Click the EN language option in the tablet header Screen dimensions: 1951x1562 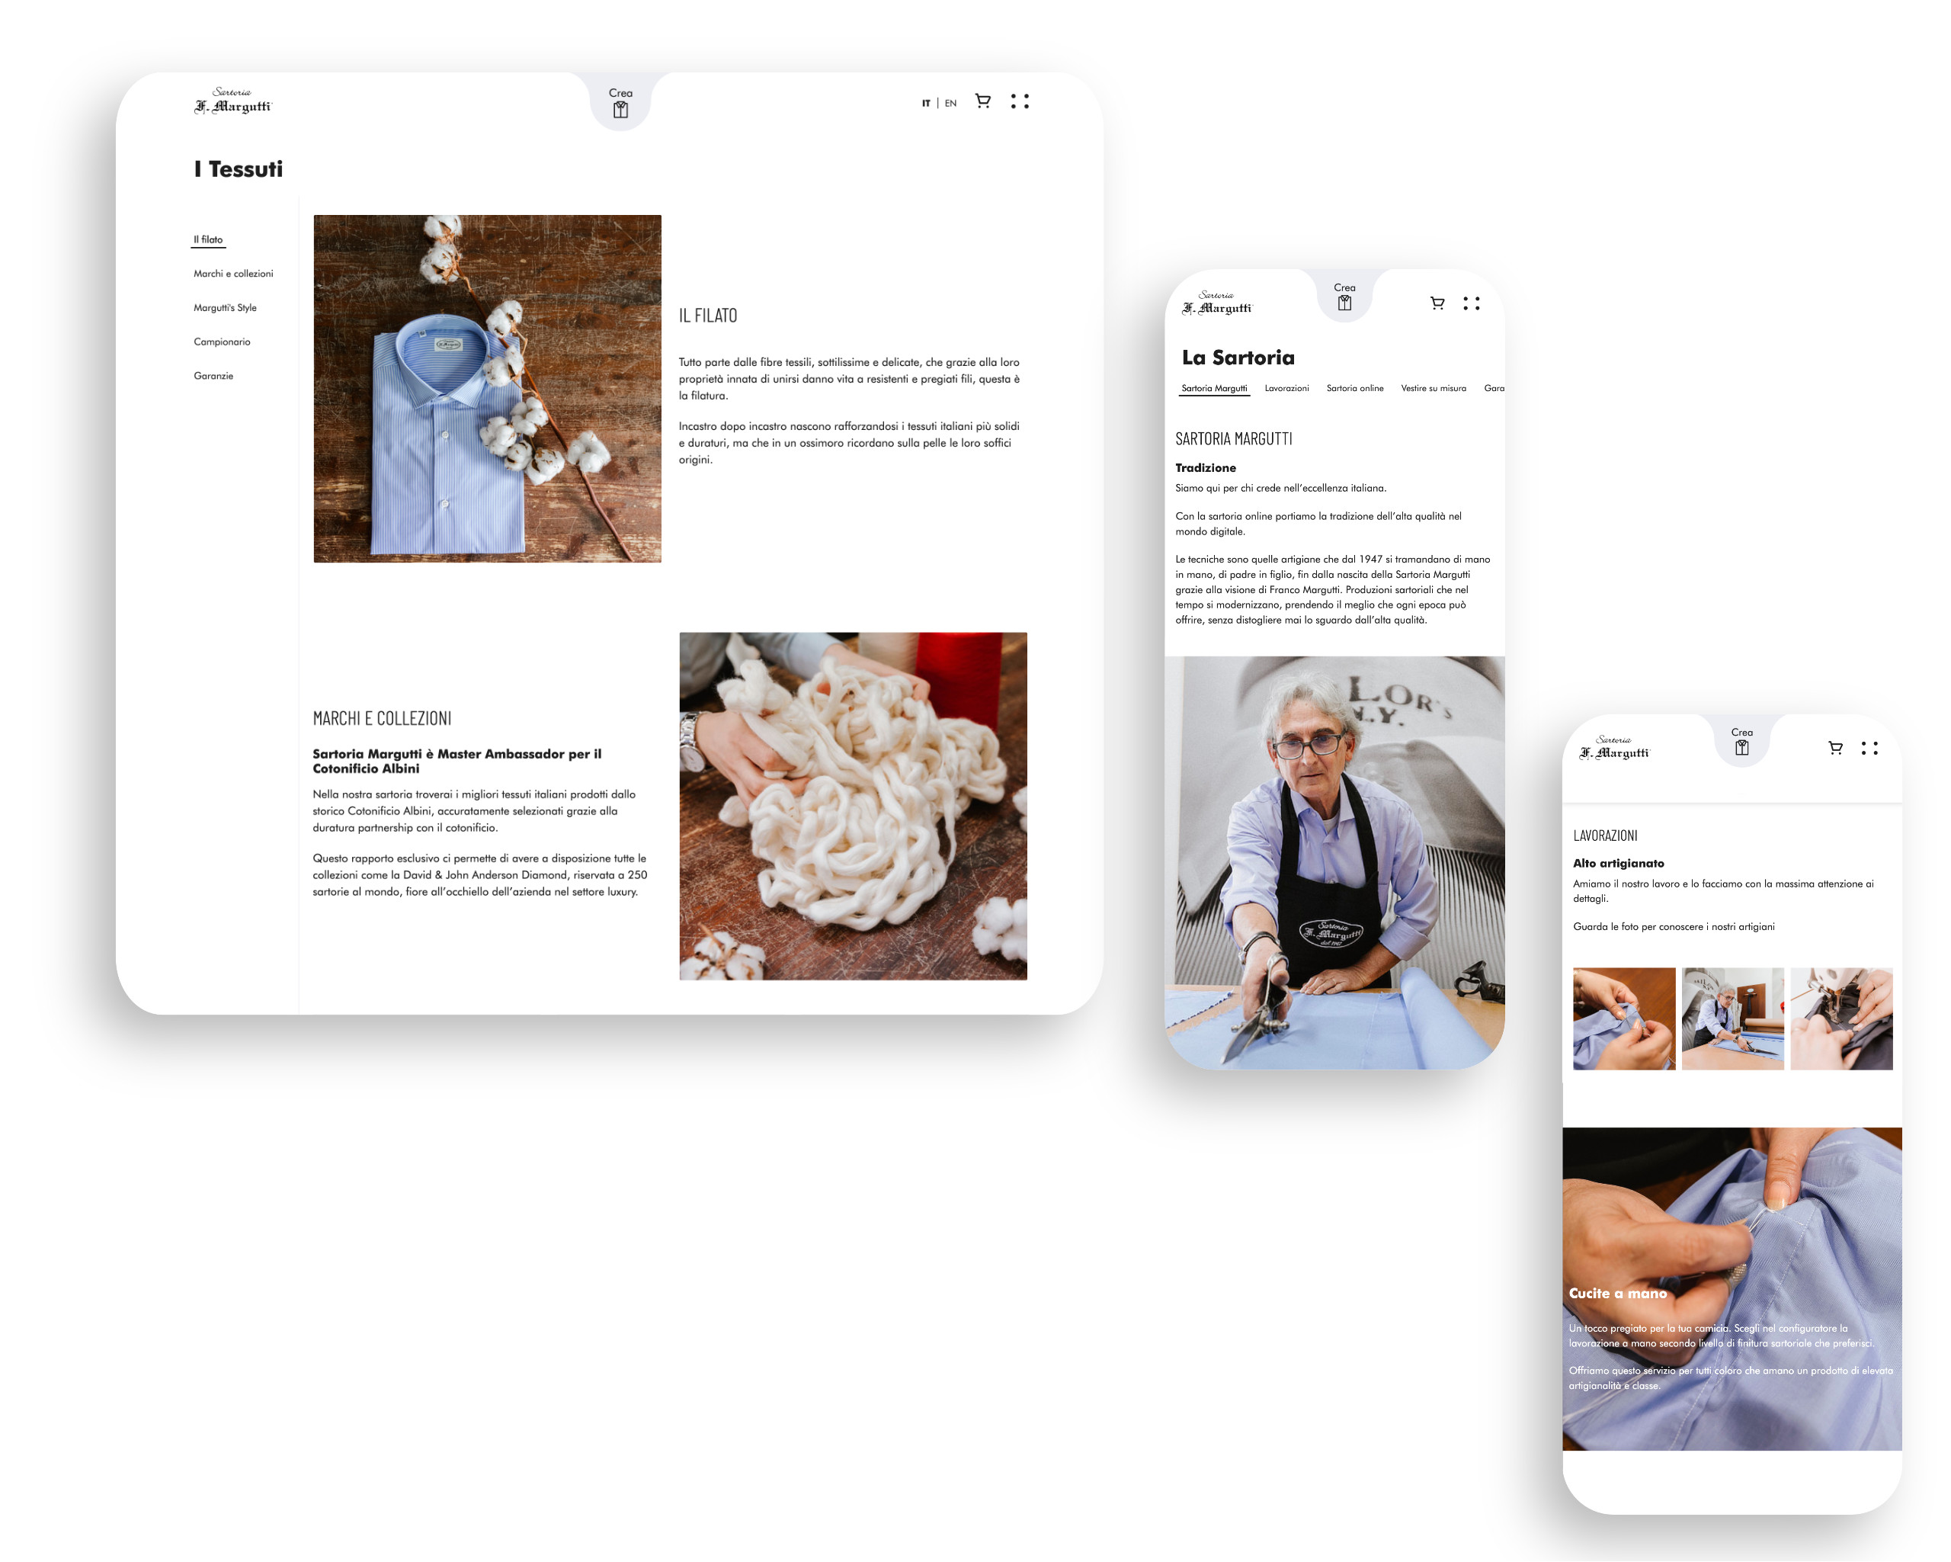click(x=950, y=103)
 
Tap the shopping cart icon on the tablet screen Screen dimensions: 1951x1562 click(x=982, y=101)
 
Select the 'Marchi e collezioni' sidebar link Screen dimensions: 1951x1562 click(x=233, y=274)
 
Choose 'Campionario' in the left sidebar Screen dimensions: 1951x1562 click(x=222, y=342)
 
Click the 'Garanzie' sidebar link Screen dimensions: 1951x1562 click(x=213, y=376)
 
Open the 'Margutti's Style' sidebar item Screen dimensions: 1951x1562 click(x=226, y=308)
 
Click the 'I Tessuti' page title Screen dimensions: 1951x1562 click(x=238, y=169)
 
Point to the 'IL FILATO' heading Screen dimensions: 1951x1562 click(x=708, y=316)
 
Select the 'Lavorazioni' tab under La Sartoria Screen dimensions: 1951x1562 click(x=1286, y=388)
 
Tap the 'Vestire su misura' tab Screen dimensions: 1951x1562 click(x=1434, y=388)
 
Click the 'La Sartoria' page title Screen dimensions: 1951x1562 click(x=1238, y=358)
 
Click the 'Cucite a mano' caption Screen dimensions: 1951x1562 click(x=1618, y=1293)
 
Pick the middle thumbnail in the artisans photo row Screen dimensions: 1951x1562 click(x=1732, y=1018)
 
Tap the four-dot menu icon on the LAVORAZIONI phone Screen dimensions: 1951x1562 click(x=1869, y=749)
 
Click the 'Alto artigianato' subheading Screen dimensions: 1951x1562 click(x=1618, y=864)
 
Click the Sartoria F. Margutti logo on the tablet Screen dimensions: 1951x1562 click(x=232, y=101)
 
